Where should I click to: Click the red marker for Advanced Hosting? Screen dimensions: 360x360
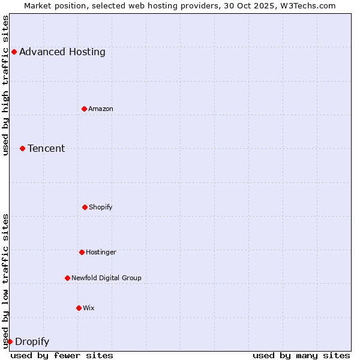[14, 52]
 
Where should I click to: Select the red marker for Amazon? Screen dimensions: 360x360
[84, 109]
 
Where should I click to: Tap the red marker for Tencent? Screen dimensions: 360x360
[22, 148]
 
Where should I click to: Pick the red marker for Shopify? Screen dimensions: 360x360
[85, 207]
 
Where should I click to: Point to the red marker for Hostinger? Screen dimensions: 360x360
[82, 252]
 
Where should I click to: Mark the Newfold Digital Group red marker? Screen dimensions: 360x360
[67, 278]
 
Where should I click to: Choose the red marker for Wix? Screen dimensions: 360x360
[79, 308]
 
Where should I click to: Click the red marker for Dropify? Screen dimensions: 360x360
[10, 341]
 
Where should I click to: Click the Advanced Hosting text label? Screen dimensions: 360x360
[62, 52]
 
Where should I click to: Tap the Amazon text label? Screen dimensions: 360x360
[101, 109]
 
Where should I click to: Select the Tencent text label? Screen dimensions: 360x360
[46, 148]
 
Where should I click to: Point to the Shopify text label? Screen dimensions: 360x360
[101, 207]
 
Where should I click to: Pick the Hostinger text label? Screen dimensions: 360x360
[101, 252]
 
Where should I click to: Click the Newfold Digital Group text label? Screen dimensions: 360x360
[106, 278]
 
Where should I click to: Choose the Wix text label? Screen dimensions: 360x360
[89, 308]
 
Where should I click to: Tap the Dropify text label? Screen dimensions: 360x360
[32, 342]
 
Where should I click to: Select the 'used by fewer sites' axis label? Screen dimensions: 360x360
[62, 355]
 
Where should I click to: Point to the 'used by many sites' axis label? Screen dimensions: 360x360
[301, 355]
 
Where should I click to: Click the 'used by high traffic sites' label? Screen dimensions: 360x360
[5, 85]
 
